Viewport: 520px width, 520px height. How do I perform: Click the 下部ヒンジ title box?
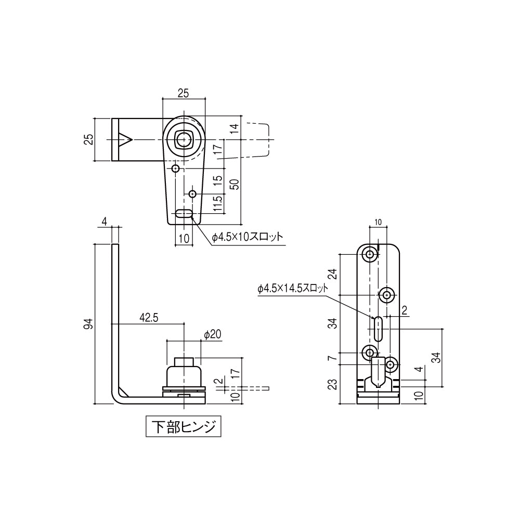click(x=183, y=427)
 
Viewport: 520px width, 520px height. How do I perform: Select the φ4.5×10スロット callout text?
click(x=248, y=237)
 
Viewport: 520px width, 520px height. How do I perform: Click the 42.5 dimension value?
click(x=149, y=318)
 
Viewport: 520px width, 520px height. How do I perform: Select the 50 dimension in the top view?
click(x=235, y=184)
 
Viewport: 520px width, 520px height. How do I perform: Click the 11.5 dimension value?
click(x=218, y=203)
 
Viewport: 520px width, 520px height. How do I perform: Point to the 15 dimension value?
click(x=218, y=180)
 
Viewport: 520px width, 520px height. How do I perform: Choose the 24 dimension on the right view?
click(x=333, y=274)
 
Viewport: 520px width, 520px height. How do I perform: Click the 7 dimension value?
click(x=333, y=358)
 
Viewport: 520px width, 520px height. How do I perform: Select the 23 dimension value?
click(x=333, y=384)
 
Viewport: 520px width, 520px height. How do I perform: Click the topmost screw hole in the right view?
click(x=370, y=255)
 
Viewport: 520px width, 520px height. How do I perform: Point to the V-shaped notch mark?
click(x=125, y=140)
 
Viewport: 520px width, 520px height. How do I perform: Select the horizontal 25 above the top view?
click(x=183, y=93)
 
